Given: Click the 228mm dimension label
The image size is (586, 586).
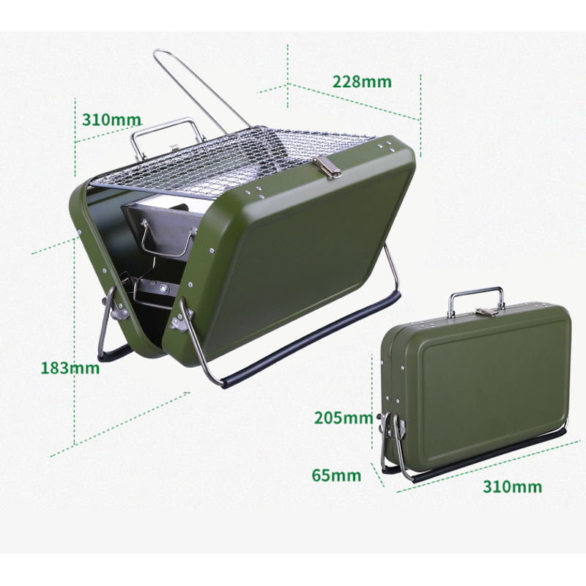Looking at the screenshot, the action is [362, 81].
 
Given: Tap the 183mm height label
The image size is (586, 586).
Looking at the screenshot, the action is [70, 368].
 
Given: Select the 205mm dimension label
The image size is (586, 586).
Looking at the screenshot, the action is [344, 418].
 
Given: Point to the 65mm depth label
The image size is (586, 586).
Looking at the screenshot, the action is [336, 475].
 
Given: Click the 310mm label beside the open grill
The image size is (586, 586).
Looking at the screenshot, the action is [112, 119].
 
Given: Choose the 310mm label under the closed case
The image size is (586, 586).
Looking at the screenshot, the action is [512, 486].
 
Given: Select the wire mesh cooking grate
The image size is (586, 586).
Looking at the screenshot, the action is [231, 160].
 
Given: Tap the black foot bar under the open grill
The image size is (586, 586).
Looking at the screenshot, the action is [310, 339].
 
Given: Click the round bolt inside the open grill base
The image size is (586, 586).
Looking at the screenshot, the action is [163, 288].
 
